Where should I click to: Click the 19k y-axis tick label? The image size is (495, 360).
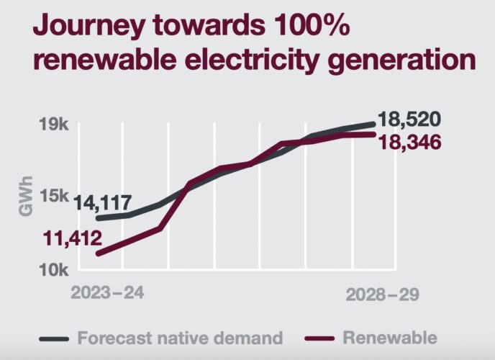[53, 125]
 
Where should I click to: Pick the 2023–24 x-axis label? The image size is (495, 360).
[107, 294]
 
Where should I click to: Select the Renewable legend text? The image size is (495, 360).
[390, 337]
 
